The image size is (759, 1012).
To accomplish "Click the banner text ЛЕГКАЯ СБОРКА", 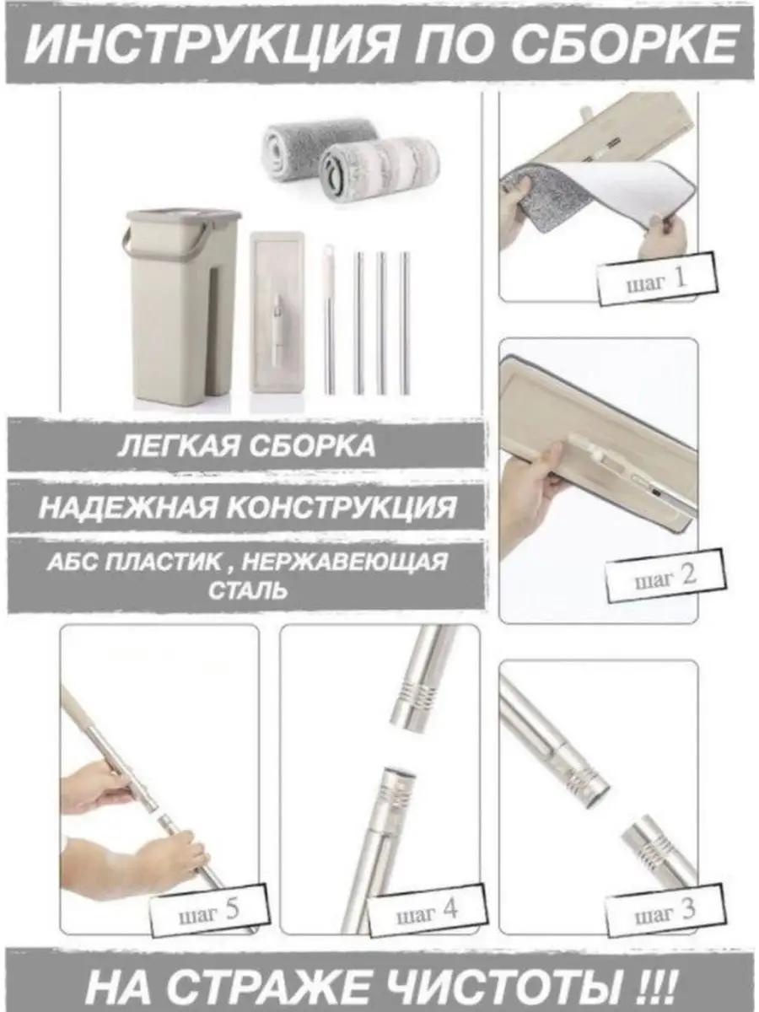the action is [246, 446].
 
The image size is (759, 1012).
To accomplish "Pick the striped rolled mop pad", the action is [379, 170].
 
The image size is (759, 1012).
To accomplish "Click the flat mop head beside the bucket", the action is [277, 320].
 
